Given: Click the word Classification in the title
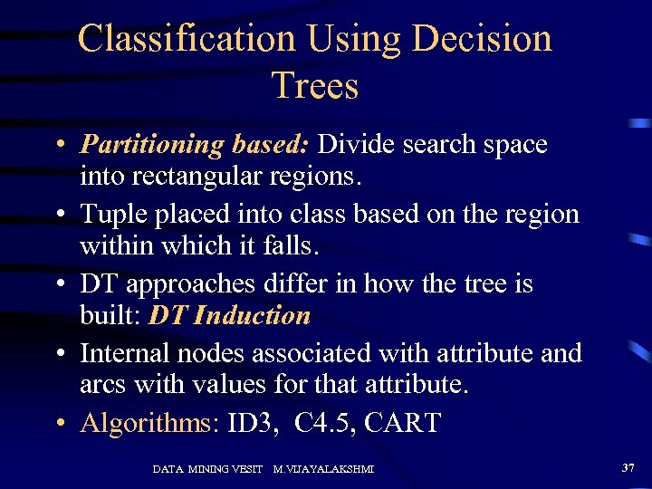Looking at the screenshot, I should pos(186,39).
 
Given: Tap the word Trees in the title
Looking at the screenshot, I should pos(315,86).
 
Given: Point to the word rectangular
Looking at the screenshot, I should pos(204,176).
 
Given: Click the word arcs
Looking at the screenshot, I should pos(103,385).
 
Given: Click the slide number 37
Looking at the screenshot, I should pos(628,467).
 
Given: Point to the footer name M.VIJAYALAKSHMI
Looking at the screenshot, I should pos(323,469).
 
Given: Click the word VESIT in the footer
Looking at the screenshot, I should pos(245,469).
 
